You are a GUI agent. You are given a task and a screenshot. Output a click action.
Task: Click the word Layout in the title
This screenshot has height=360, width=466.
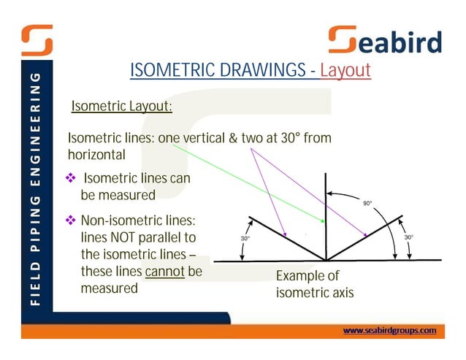(345, 71)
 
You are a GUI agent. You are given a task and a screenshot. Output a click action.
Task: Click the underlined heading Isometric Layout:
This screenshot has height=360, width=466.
(121, 107)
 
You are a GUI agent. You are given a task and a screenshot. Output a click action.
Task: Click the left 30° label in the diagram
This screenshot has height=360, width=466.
(246, 238)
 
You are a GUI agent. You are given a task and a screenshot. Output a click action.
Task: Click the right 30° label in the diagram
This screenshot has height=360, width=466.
(409, 237)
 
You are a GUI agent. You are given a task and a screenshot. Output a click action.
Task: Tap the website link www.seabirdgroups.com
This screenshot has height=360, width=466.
(389, 330)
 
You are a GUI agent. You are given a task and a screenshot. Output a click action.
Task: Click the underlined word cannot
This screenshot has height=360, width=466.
(165, 272)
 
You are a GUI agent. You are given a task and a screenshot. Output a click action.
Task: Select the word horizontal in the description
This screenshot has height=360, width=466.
(96, 155)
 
